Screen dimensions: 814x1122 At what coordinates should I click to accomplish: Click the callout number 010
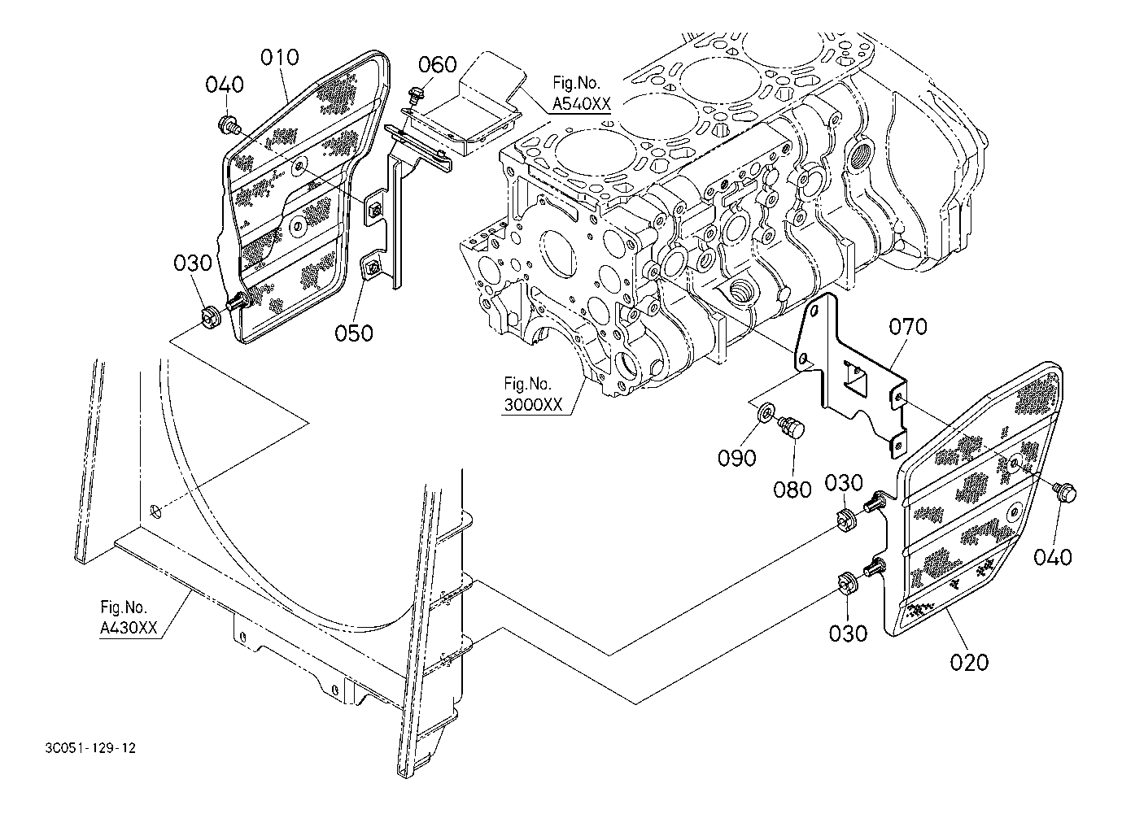(280, 58)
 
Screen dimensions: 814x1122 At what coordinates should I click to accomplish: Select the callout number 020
(969, 662)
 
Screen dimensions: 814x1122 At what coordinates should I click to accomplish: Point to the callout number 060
(438, 65)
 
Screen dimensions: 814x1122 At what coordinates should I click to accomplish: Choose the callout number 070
(907, 327)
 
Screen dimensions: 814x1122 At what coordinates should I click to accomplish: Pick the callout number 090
(736, 458)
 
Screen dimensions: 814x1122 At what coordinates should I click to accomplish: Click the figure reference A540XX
(581, 104)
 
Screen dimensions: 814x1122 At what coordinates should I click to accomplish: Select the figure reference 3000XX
(533, 407)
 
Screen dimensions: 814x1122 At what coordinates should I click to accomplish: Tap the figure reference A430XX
(129, 627)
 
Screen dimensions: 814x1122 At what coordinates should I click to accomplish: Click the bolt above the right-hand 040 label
(1064, 490)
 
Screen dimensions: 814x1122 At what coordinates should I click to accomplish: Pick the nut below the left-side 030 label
(209, 315)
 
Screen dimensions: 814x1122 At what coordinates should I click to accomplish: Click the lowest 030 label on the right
(848, 632)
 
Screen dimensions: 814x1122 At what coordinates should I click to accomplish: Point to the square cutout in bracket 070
(854, 374)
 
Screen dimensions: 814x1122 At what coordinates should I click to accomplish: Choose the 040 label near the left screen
(224, 85)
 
